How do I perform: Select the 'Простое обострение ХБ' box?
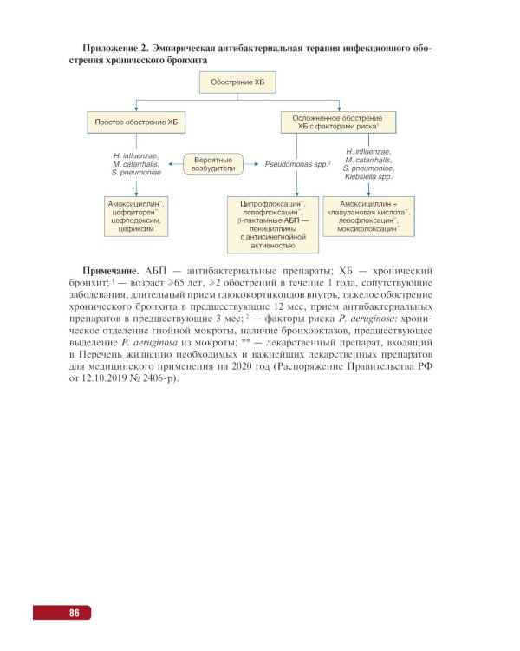(140, 122)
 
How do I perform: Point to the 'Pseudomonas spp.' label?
(295, 163)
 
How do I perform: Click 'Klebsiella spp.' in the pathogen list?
(368, 177)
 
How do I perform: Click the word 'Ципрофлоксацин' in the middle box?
(269, 202)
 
